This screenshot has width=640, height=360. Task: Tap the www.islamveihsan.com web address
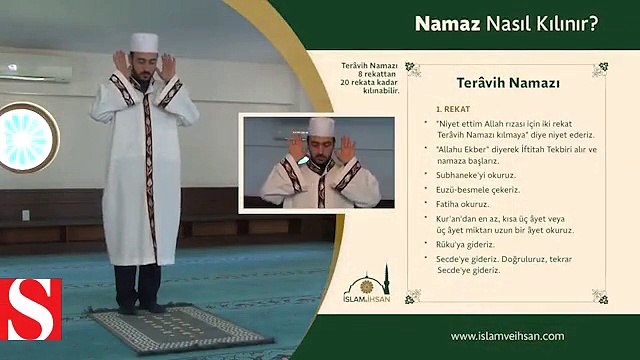[x=507, y=337]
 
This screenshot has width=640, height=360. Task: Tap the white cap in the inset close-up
[x=320, y=125]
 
